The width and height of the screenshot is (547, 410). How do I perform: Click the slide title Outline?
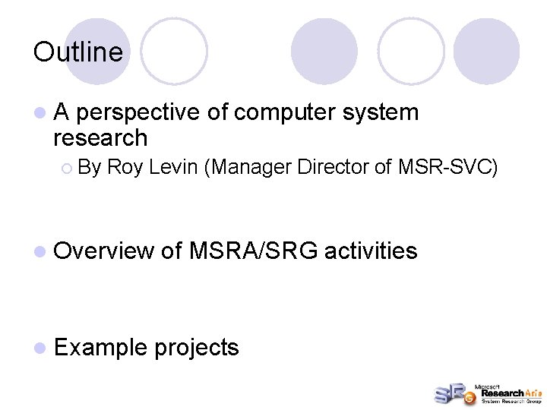pos(77,52)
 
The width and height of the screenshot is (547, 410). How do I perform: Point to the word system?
pos(381,113)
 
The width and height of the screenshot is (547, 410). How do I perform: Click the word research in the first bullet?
pos(100,138)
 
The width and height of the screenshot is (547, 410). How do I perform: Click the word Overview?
pos(103,250)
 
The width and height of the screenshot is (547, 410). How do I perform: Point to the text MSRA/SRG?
pos(254,250)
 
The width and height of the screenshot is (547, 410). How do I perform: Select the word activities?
pos(371,250)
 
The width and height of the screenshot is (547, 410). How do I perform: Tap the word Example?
pos(100,348)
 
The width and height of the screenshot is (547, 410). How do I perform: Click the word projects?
pos(196,348)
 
